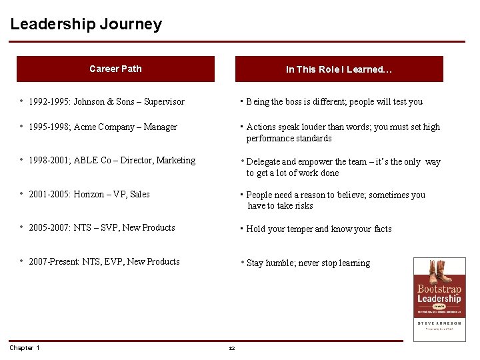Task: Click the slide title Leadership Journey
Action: coord(86,25)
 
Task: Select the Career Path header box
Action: coord(115,69)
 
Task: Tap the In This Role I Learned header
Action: coord(339,69)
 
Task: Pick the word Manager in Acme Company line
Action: coord(161,127)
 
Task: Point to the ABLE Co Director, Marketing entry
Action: coord(112,161)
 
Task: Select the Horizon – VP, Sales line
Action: coord(89,195)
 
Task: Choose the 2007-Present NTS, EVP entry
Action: coord(104,262)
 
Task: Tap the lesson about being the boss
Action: coord(334,102)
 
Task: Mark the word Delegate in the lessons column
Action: coord(264,162)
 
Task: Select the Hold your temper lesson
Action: coord(319,229)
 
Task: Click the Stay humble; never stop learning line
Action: coord(308,263)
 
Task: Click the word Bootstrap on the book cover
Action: coord(439,289)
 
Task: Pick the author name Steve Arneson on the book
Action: coord(439,323)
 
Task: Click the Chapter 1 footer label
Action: coord(25,348)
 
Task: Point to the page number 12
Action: coord(232,349)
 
